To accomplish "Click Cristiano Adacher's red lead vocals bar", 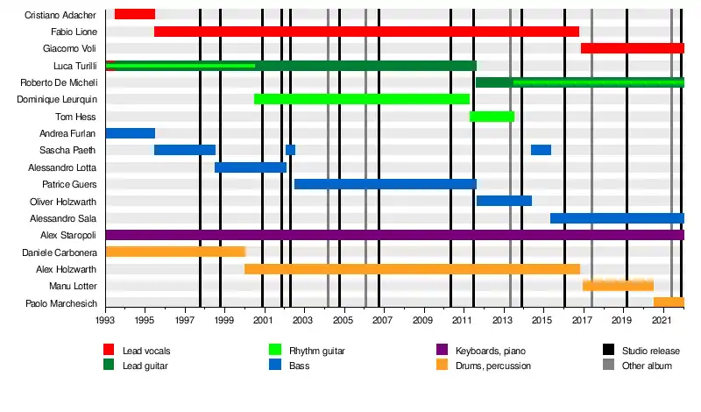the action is (135, 14).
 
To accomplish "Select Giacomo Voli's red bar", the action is (633, 48).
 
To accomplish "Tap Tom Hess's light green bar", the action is (492, 117).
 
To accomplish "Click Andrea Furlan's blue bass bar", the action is (131, 133).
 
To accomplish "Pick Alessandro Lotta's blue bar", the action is (251, 167).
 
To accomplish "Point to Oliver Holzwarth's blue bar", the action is (505, 201).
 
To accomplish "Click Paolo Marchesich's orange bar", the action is (669, 302).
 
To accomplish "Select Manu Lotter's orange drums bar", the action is (618, 285).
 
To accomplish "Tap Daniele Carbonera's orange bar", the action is (176, 252).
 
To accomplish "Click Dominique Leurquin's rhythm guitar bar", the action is (362, 99).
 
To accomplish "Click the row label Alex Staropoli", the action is (68, 235).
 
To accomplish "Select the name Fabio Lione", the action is (74, 32).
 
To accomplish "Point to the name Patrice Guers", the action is (69, 184).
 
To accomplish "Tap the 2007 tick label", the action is (382, 320).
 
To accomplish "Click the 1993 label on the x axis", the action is (104, 320).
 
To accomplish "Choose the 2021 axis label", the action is (662, 320).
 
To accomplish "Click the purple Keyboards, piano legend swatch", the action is (442, 350).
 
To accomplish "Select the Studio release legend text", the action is (650, 351).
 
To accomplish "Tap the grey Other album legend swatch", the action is (608, 365).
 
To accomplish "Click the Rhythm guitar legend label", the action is (317, 351).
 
